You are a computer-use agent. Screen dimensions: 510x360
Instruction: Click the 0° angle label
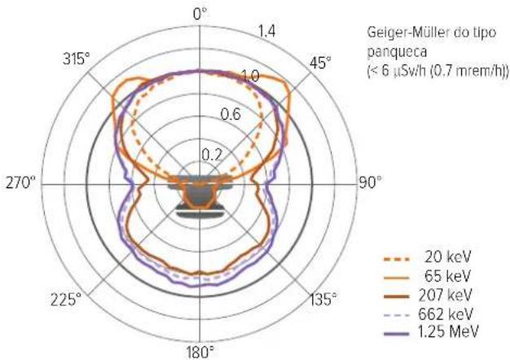pyautogui.click(x=200, y=14)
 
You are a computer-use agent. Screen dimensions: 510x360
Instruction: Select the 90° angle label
pyautogui.click(x=370, y=182)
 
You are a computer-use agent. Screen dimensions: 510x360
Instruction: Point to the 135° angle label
pyautogui.click(x=323, y=299)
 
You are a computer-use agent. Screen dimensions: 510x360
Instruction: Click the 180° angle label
pyautogui.click(x=200, y=352)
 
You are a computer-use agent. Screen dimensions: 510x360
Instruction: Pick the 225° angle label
pyautogui.click(x=66, y=299)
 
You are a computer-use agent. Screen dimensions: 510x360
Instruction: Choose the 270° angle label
pyautogui.click(x=20, y=182)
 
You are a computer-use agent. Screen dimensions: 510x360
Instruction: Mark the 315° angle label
pyautogui.click(x=76, y=59)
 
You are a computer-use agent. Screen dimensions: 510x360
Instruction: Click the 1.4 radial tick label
pyautogui.click(x=266, y=32)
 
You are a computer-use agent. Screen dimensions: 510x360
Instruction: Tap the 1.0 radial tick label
pyautogui.click(x=250, y=76)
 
